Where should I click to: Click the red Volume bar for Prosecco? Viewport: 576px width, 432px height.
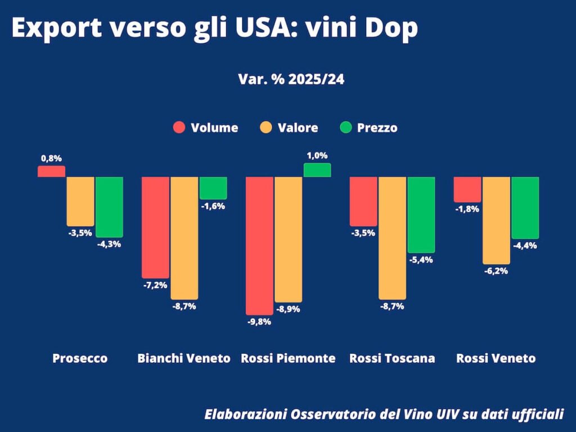(51, 171)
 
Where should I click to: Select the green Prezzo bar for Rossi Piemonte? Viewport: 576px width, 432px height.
(317, 170)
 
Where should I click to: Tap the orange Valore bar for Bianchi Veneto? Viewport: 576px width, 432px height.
(184, 238)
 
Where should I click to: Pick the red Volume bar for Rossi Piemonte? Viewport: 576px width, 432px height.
(259, 246)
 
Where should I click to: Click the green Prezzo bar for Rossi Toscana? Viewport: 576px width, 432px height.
(421, 215)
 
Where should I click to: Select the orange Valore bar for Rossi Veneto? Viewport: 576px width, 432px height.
(496, 220)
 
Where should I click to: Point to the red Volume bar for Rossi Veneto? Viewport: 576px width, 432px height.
(467, 190)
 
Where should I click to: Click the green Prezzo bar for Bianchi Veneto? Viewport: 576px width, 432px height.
(213, 188)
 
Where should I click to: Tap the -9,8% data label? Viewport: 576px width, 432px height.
(259, 322)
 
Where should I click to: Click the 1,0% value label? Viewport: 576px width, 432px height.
(317, 156)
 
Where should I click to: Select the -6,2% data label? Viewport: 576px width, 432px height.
(496, 271)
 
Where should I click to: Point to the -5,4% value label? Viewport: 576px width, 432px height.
(421, 260)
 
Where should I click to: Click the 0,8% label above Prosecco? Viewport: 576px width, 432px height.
(51, 159)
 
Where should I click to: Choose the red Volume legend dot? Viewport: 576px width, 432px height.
(179, 128)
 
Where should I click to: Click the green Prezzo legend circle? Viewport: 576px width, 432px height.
(346, 128)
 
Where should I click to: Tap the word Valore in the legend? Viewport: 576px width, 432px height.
(298, 128)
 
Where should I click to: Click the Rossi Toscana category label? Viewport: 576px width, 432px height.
(392, 358)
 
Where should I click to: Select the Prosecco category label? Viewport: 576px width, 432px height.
(80, 358)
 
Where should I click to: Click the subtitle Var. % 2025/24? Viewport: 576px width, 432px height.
(291, 79)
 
